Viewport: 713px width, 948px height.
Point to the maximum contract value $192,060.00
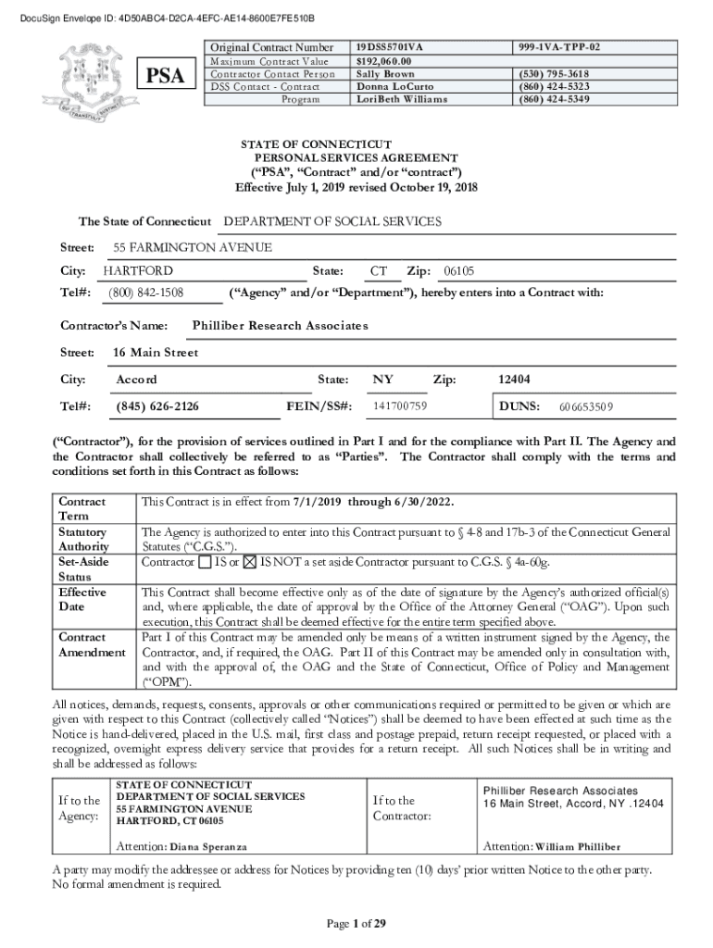click(x=387, y=60)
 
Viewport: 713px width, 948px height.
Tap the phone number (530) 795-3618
click(x=555, y=73)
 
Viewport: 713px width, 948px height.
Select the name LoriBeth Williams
click(x=403, y=99)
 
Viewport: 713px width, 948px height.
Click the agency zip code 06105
click(x=459, y=271)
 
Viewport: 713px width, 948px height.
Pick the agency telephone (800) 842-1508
click(x=146, y=293)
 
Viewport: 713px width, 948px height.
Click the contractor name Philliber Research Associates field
click(x=280, y=326)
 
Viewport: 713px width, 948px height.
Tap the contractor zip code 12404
click(x=515, y=380)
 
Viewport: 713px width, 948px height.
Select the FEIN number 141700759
click(x=399, y=406)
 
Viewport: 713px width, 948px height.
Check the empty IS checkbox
click(x=204, y=562)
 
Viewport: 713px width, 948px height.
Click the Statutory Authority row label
click(x=82, y=539)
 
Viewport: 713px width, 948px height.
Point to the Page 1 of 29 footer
click(x=356, y=923)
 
